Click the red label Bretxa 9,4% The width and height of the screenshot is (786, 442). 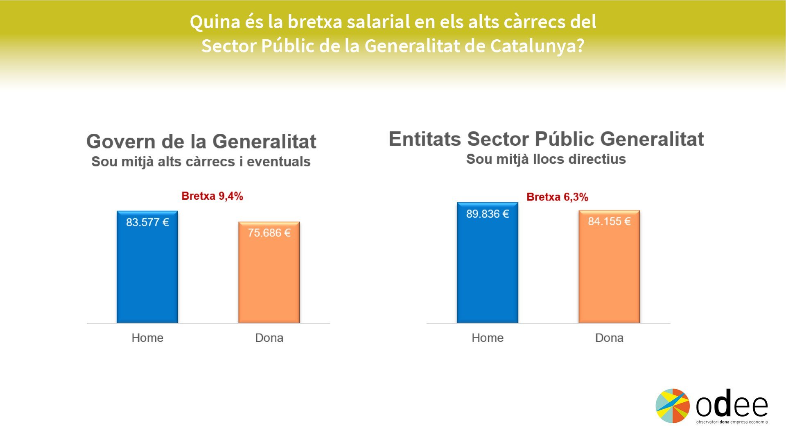click(x=212, y=196)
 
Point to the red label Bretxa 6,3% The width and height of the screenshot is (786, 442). click(x=557, y=197)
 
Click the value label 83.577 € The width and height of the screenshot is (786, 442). click(x=147, y=222)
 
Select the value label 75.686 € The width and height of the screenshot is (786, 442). click(x=269, y=233)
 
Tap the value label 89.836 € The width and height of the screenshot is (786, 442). click(x=487, y=214)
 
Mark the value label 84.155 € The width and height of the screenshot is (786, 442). click(x=609, y=221)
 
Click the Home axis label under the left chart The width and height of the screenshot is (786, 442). click(x=147, y=338)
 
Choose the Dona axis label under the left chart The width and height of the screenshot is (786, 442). click(x=269, y=338)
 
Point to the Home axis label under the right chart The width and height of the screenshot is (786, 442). click(x=487, y=338)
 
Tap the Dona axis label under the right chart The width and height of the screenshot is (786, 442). click(x=609, y=338)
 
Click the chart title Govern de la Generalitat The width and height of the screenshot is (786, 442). click(x=201, y=142)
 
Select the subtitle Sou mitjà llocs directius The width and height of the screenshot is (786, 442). click(x=546, y=159)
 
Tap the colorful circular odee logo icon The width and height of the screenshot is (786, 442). click(x=673, y=406)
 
